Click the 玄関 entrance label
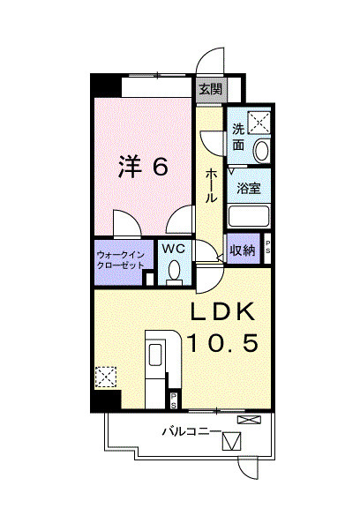(209, 88)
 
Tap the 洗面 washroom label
(239, 137)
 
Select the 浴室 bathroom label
(248, 187)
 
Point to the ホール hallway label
(212, 185)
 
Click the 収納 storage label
(243, 250)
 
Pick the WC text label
(171, 250)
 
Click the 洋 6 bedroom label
(143, 166)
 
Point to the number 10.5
(221, 343)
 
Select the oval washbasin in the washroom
(262, 150)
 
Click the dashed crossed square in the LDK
(105, 377)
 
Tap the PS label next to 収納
(268, 249)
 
